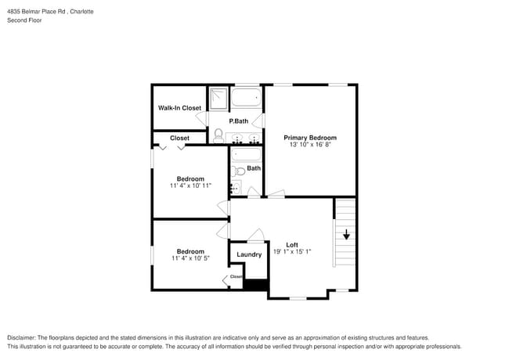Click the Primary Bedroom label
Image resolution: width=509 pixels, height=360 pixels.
tap(309, 137)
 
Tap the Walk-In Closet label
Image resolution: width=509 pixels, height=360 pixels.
tap(179, 108)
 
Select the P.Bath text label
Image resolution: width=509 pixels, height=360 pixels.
tap(238, 121)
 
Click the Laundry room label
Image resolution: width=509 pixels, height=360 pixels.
tap(249, 254)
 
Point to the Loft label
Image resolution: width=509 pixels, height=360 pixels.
tap(291, 244)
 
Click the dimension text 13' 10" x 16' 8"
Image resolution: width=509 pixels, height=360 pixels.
tap(309, 145)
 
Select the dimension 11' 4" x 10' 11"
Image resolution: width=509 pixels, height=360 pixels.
tap(190, 185)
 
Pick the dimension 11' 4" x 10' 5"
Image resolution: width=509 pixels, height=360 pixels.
tap(190, 258)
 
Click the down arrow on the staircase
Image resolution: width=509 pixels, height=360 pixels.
tap(345, 234)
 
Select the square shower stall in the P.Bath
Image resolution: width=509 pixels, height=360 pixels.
tap(218, 98)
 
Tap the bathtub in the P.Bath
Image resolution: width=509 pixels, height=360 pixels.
tap(247, 99)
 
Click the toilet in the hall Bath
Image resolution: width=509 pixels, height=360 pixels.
tap(240, 172)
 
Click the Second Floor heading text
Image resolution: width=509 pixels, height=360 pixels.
tap(24, 20)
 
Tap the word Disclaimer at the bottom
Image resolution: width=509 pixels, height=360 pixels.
tap(23, 337)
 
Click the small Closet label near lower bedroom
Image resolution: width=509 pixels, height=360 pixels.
tap(236, 276)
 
